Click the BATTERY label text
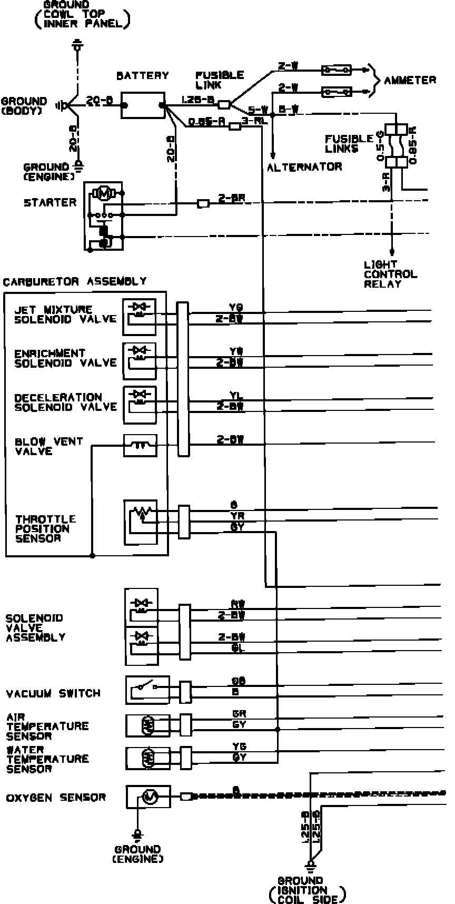(x=142, y=76)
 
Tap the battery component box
(x=143, y=105)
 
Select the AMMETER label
(x=410, y=80)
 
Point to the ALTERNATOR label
(x=304, y=167)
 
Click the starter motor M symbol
(x=104, y=193)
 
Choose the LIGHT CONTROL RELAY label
(x=390, y=274)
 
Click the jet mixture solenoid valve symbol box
(x=140, y=317)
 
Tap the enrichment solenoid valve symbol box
(x=140, y=361)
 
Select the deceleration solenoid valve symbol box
(x=140, y=405)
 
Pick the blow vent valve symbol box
(x=140, y=445)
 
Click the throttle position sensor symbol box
(x=141, y=522)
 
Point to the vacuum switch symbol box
(x=147, y=690)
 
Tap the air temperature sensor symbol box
(x=147, y=725)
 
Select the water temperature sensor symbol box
(x=147, y=758)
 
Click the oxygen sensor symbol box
(x=148, y=797)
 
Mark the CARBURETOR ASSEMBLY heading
(x=75, y=281)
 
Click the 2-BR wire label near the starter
(x=232, y=199)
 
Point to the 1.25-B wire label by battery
(x=196, y=100)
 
